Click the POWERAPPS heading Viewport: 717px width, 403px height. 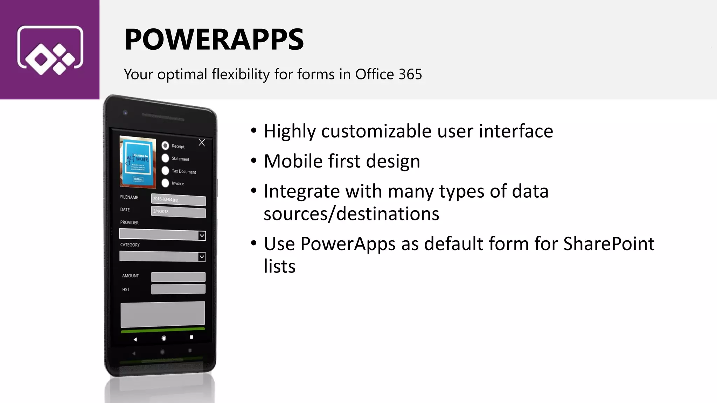(x=214, y=39)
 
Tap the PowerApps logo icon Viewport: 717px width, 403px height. (x=50, y=50)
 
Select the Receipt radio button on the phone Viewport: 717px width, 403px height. (x=165, y=146)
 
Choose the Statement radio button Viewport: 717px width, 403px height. (x=165, y=158)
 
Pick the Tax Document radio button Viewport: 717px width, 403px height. (x=165, y=170)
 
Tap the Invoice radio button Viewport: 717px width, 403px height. (x=165, y=183)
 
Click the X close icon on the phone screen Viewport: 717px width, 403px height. (x=202, y=142)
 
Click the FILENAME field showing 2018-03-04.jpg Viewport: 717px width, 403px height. (x=178, y=200)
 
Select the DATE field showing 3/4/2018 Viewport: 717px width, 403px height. (x=178, y=212)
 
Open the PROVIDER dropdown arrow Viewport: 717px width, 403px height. (x=202, y=236)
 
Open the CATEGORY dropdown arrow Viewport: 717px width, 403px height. (x=202, y=257)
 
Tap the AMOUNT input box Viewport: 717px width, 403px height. (x=178, y=277)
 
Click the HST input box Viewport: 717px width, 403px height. (x=178, y=289)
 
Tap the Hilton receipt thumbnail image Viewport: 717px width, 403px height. (x=138, y=162)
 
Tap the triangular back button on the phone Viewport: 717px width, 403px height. (x=135, y=339)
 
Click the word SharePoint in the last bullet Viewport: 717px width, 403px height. (x=608, y=244)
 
